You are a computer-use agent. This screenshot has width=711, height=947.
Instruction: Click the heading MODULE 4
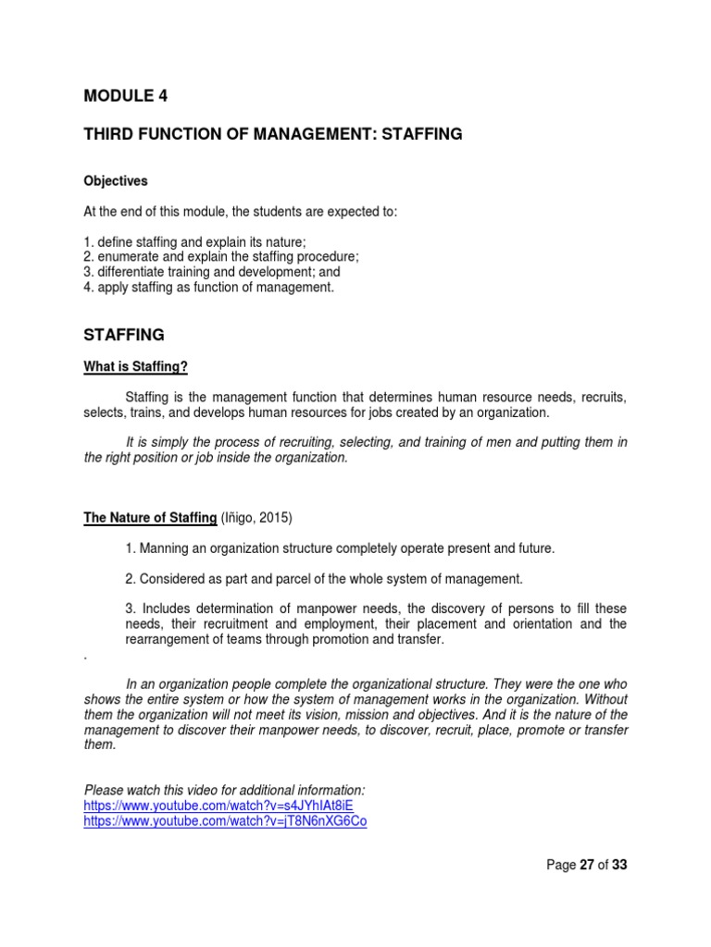coord(126,95)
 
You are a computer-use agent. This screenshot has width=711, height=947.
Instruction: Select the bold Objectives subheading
coord(116,181)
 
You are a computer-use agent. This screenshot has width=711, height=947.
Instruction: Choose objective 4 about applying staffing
coord(201,287)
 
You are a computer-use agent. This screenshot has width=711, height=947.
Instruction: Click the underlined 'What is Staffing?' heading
coord(136,367)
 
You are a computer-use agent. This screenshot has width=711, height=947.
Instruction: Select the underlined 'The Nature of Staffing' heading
coord(150,518)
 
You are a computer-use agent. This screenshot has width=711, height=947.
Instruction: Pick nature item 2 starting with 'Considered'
coord(324,579)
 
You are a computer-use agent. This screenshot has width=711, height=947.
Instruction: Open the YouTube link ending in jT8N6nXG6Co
coord(225,821)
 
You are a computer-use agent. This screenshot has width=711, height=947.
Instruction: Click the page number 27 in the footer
coord(588,866)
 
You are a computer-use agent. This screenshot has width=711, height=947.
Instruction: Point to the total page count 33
coord(620,866)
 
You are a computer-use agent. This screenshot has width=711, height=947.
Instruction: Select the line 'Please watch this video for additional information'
coord(225,790)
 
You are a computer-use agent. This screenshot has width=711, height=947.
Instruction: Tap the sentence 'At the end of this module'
coord(240,212)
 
